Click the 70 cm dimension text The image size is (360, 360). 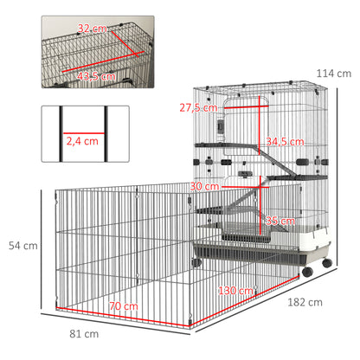click(123, 306)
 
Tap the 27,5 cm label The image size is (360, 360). click(197, 107)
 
